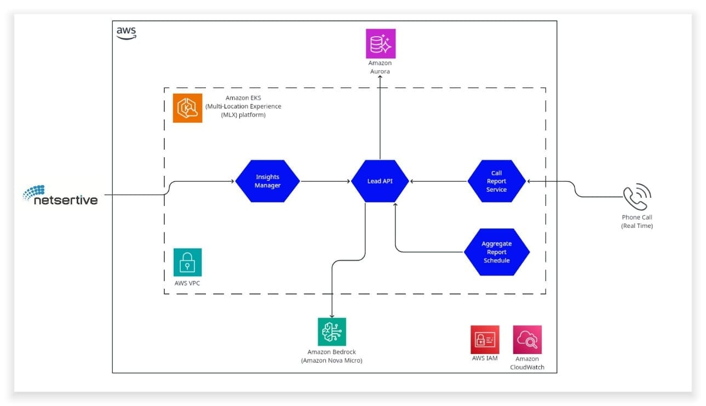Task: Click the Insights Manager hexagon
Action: click(268, 181)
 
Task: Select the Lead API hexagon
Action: click(380, 181)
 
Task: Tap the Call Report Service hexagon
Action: click(496, 181)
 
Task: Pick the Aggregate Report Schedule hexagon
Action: click(496, 252)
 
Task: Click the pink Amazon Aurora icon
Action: click(380, 44)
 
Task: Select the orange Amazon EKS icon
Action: click(187, 108)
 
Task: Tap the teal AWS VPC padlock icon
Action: click(187, 262)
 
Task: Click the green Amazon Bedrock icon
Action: click(332, 331)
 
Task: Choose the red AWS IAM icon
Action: click(485, 340)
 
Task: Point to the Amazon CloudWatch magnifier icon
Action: click(527, 340)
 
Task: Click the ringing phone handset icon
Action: click(637, 197)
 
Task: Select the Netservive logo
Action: click(60, 196)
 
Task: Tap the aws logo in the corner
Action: click(126, 33)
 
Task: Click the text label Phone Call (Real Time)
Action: click(637, 221)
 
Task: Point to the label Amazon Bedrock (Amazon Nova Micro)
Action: click(332, 356)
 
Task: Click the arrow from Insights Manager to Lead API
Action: click(325, 181)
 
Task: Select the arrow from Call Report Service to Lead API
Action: click(438, 181)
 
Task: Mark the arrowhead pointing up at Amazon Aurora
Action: click(380, 79)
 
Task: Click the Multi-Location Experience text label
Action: click(243, 106)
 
